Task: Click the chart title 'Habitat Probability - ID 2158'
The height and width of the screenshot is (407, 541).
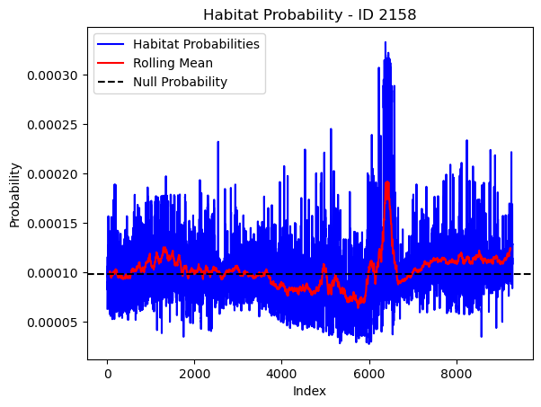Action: coord(309,15)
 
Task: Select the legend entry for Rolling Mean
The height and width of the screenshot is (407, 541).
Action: coord(173,63)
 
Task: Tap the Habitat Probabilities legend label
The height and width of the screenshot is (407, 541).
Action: coord(196,44)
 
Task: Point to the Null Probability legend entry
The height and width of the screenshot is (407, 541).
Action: coord(180,82)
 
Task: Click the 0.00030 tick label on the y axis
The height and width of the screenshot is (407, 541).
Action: coord(52,75)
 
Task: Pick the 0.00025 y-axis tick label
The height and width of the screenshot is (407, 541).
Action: coord(52,125)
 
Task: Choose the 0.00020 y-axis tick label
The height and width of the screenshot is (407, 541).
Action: coord(52,173)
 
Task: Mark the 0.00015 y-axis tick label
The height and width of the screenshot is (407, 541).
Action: coord(52,224)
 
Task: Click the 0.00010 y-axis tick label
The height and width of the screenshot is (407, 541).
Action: coord(52,273)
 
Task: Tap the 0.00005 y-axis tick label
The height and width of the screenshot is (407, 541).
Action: coord(52,323)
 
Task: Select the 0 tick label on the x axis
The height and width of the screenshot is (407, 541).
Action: coord(108,374)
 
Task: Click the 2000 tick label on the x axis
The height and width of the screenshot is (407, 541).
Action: coord(195,374)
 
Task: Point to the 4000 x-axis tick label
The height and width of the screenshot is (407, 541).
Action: coord(282,374)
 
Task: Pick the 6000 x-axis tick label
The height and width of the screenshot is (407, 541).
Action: coord(369,374)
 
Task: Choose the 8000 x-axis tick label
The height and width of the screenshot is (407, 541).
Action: coord(457,374)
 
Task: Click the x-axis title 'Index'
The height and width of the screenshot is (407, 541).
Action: coord(309,391)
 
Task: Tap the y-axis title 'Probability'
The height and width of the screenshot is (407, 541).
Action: coord(15,195)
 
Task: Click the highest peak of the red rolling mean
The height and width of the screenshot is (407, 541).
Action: coord(387,182)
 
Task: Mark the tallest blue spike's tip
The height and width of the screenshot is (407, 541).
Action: coord(386,42)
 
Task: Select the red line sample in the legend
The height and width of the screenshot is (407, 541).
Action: coord(111,63)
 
